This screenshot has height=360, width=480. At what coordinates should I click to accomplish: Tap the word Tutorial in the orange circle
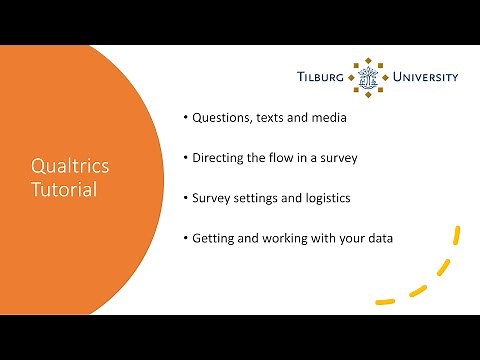tap(63, 189)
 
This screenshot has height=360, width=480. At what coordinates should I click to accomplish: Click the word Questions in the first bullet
tap(221, 118)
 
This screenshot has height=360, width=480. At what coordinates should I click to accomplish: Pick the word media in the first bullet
tap(327, 118)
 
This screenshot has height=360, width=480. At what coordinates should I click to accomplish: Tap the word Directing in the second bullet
tap(220, 158)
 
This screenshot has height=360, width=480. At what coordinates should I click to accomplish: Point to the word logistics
tap(324, 198)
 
